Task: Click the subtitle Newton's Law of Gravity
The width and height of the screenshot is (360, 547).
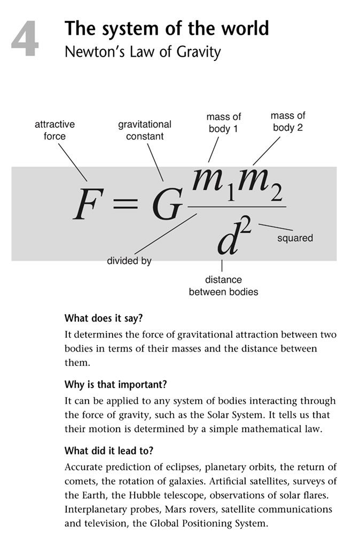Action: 142,52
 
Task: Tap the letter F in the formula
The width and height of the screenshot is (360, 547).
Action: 88,206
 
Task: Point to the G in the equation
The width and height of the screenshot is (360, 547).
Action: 164,206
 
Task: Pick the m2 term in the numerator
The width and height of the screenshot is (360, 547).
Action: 261,187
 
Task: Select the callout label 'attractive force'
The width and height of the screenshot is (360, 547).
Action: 54,130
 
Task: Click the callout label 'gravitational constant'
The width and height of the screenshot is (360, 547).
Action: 144,130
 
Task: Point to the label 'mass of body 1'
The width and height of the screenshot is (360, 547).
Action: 224,122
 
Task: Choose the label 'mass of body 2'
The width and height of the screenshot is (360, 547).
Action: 288,121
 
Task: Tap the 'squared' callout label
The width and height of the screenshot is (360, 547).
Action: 295,238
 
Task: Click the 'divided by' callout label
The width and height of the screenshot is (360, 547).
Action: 130,261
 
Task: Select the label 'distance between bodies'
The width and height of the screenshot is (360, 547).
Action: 223,286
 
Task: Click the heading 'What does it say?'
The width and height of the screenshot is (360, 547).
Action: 104,318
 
